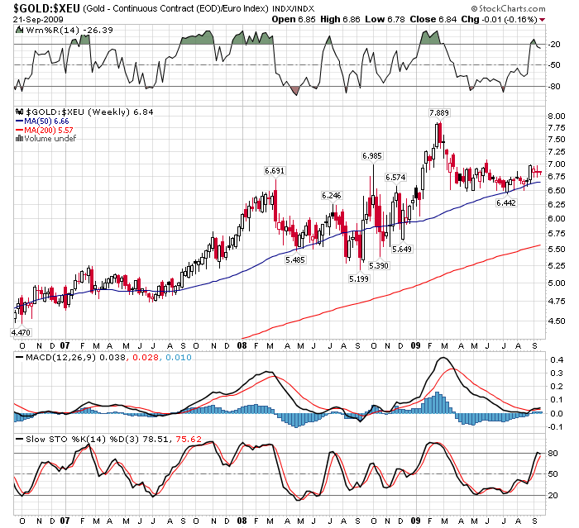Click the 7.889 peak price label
(438, 112)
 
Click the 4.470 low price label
(20, 331)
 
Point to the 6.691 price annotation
(275, 170)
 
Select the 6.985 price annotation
(372, 155)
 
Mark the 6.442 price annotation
(506, 202)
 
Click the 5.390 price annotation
(379, 265)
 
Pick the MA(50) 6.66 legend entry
(46, 121)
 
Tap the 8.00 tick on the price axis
(553, 117)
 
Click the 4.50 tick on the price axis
(553, 321)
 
